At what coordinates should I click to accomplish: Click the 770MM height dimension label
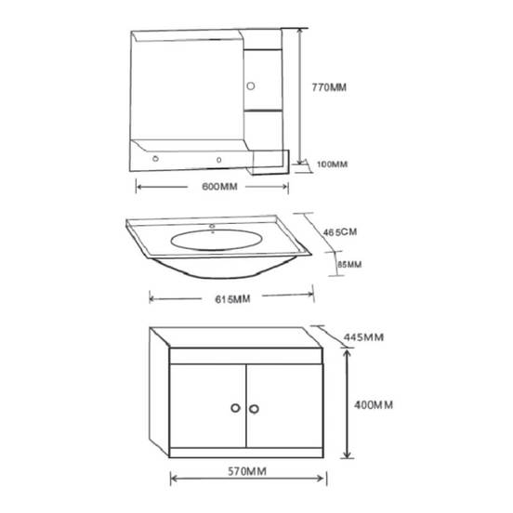(329, 87)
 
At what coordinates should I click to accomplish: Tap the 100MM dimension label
(332, 164)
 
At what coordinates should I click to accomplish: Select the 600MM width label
(219, 187)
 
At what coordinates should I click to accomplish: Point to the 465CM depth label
(340, 232)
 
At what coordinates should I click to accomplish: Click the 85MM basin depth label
(349, 264)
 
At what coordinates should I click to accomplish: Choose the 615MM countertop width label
(232, 299)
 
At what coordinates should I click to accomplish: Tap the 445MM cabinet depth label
(363, 337)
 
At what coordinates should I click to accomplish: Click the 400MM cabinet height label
(374, 405)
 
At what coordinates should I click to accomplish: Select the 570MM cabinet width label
(247, 471)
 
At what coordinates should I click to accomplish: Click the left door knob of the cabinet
(235, 408)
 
